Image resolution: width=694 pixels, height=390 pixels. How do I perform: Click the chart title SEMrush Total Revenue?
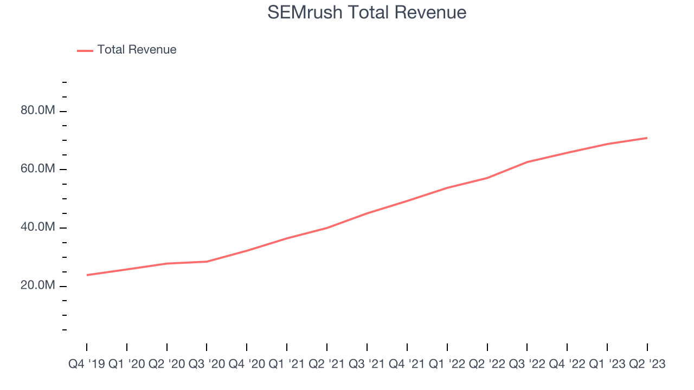coord(367,12)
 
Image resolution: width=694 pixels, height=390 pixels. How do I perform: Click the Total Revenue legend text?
coord(137,50)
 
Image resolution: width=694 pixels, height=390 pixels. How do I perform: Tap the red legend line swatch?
coord(85,50)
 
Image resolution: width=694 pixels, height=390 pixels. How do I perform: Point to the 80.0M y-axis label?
coord(38,110)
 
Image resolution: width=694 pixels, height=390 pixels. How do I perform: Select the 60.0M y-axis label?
coord(38,169)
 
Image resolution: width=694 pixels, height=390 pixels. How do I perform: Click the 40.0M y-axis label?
coord(38,227)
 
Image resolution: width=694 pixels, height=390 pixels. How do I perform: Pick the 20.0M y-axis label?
coord(38,285)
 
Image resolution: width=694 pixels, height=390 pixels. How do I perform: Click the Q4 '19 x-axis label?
coord(87,365)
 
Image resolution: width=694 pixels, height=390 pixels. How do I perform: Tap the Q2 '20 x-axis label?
coord(167,365)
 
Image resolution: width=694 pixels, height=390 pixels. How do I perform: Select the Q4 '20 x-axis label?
coord(247,365)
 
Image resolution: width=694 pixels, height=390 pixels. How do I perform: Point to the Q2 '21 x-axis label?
coord(327,365)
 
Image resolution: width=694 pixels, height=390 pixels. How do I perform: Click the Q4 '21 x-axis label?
coord(407,365)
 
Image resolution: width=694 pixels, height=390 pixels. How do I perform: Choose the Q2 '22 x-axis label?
coord(487,365)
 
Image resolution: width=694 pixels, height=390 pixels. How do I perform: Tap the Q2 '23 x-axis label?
coord(647,365)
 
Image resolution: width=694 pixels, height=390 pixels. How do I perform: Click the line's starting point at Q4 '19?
coord(87,275)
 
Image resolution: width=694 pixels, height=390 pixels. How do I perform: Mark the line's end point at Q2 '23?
coord(647,138)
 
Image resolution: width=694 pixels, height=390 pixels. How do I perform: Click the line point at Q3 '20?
coord(207,262)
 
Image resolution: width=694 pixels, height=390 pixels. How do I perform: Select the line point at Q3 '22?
coord(527,162)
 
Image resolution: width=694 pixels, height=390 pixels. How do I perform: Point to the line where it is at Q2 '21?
coord(327,228)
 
